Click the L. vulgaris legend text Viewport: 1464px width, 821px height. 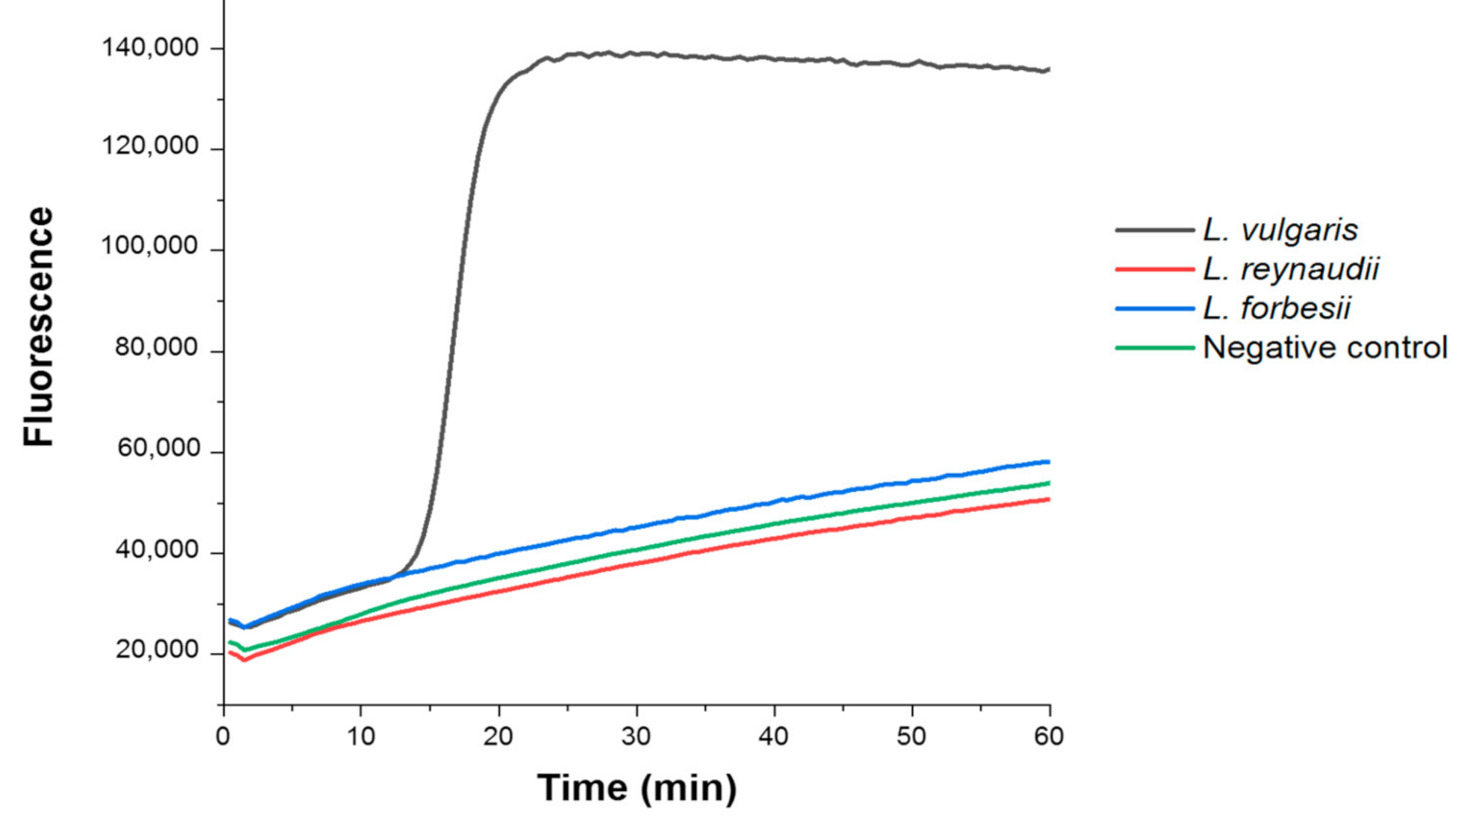click(1280, 230)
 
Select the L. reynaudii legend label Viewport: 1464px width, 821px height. click(1291, 269)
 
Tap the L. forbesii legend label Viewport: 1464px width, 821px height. click(1276, 308)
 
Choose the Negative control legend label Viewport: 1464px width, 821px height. click(1324, 348)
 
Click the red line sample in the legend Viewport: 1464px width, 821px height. click(1154, 269)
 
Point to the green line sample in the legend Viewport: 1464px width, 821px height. click(1154, 348)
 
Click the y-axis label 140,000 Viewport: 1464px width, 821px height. click(150, 49)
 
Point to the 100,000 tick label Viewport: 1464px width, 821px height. click(150, 246)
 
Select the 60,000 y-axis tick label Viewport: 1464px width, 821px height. click(158, 448)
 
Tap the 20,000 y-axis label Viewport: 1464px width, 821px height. click(157, 650)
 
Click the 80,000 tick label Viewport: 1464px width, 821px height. click(157, 347)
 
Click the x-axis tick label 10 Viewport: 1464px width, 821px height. click(360, 737)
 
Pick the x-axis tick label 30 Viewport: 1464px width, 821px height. click(636, 737)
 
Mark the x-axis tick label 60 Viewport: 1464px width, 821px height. click(1048, 737)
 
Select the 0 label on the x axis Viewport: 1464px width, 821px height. click(222, 737)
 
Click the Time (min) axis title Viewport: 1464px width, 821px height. click(636, 788)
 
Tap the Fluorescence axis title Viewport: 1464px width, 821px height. click(39, 326)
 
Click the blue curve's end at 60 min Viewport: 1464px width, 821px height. click(1048, 462)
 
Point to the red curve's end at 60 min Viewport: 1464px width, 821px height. click(1048, 499)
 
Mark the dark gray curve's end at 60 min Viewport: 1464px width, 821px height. click(1048, 70)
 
